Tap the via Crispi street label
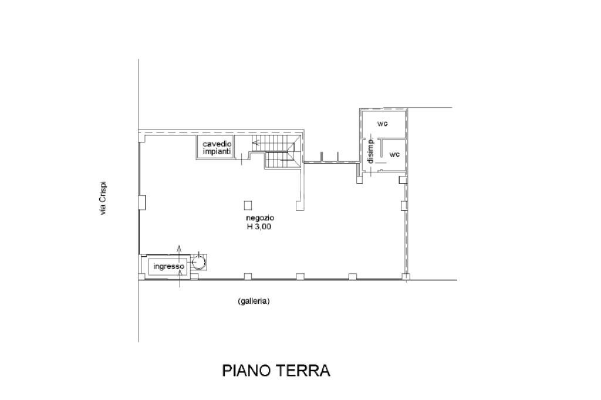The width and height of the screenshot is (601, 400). coord(102,198)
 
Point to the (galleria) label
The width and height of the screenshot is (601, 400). coord(254,301)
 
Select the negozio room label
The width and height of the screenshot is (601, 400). coord(260,218)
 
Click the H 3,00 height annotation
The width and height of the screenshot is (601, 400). coord(259,226)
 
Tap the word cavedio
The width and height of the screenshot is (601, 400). coord(217,144)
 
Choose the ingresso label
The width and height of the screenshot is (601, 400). coord(168,266)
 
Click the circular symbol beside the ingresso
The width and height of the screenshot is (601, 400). coord(199,262)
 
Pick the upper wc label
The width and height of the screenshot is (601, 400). coord(383,123)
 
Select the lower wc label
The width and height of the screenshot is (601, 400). coord(394,154)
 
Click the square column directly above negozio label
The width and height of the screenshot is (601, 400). coord(248,206)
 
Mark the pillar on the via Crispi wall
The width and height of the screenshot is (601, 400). coord(142,202)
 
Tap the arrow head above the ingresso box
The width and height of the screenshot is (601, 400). coord(180,246)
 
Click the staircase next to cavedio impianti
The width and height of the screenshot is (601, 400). coord(275,151)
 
